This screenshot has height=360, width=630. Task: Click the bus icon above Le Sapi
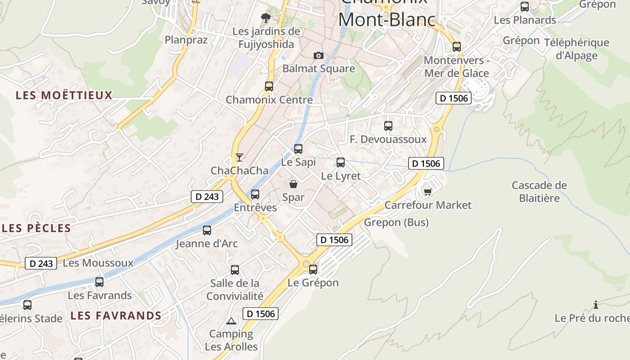click(x=298, y=149)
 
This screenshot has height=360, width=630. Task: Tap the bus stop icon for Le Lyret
click(x=341, y=162)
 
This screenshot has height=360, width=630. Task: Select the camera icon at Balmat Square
click(x=319, y=55)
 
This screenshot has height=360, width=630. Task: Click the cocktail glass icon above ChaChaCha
click(x=239, y=157)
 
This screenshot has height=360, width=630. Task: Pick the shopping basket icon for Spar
click(x=293, y=184)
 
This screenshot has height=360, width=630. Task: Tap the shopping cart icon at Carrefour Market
click(x=427, y=192)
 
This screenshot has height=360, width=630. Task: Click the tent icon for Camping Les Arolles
click(x=231, y=321)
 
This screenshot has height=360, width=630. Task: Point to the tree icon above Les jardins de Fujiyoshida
click(x=266, y=18)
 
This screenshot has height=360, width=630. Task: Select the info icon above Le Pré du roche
click(x=596, y=305)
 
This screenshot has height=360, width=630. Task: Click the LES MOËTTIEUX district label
click(x=64, y=95)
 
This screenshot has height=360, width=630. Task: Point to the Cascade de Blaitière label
click(x=539, y=192)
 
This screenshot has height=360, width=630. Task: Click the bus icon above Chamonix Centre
click(x=269, y=86)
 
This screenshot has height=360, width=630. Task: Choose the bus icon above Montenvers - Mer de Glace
click(x=457, y=47)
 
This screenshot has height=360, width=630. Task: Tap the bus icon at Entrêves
click(x=255, y=194)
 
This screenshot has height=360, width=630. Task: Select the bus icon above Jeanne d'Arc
click(x=207, y=230)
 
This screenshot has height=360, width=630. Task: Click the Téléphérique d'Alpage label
click(x=576, y=49)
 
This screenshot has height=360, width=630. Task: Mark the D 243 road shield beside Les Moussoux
click(x=41, y=263)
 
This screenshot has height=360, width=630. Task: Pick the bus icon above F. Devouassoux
click(x=388, y=126)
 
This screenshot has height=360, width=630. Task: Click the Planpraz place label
click(x=186, y=40)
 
